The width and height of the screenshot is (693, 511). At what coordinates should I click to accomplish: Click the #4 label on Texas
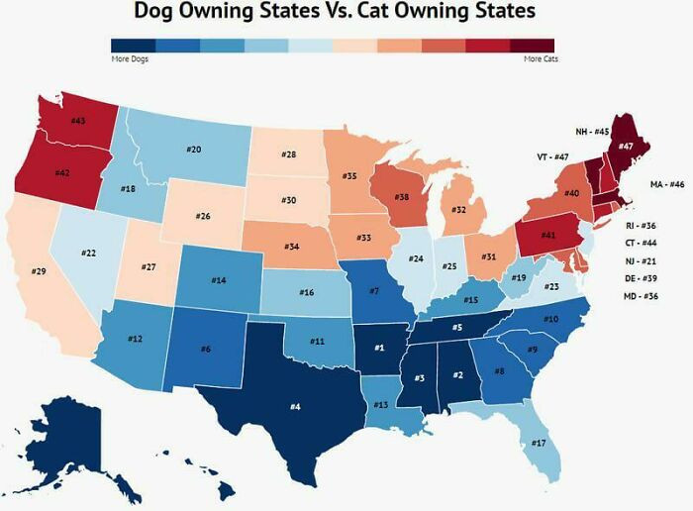(x=295, y=405)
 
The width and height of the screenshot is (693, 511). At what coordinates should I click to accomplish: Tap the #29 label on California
(x=39, y=271)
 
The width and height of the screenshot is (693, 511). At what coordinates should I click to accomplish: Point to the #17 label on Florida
(x=539, y=443)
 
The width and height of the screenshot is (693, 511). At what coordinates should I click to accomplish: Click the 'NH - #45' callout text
(x=592, y=131)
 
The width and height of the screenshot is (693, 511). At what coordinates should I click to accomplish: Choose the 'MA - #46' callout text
(x=667, y=185)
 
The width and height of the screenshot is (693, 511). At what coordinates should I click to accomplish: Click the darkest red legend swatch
(x=532, y=46)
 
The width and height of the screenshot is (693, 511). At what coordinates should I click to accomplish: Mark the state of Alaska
(x=74, y=436)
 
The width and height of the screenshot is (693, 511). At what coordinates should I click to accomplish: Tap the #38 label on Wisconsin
(x=402, y=197)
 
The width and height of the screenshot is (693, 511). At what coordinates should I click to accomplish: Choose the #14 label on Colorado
(x=219, y=280)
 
